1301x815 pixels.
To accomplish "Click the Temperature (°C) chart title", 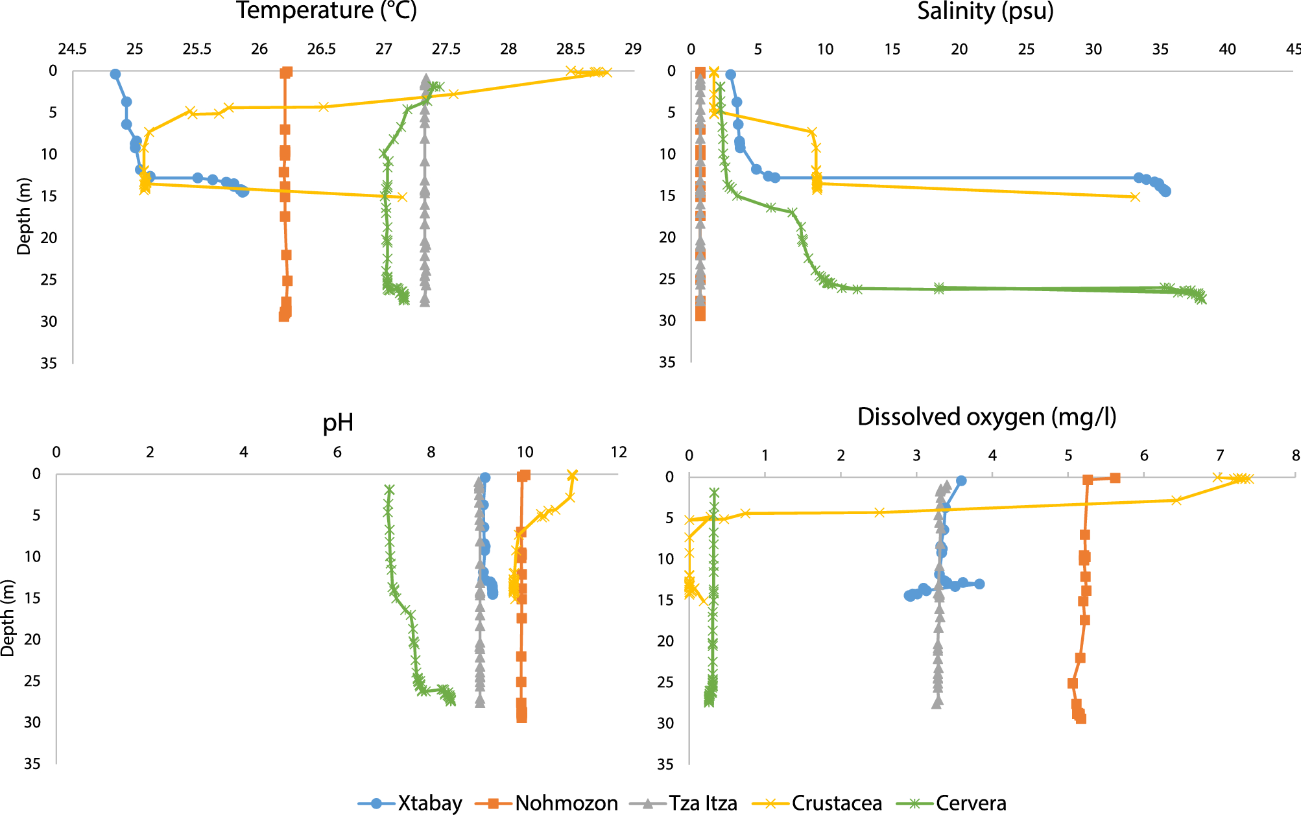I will pyautogui.click(x=326, y=11).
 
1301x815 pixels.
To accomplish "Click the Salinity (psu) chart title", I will pyautogui.click(x=985, y=11).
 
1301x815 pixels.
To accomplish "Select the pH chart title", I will pyautogui.click(x=338, y=423).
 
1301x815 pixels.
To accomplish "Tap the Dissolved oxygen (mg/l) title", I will pyautogui.click(x=986, y=417).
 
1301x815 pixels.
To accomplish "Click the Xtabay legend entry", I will pyautogui.click(x=429, y=803).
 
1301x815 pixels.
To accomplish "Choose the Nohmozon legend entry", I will pyautogui.click(x=566, y=803).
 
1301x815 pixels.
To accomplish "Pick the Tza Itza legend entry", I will pyautogui.click(x=702, y=803).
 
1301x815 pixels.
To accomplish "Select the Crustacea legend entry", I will pyautogui.click(x=836, y=803).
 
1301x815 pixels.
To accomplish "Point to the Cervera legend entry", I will pyautogui.click(x=970, y=803).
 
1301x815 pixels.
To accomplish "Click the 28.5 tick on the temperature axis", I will pyautogui.click(x=571, y=49).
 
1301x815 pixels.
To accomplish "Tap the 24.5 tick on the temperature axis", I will pyautogui.click(x=72, y=49).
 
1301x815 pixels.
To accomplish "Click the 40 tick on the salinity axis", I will pyautogui.click(x=1227, y=49).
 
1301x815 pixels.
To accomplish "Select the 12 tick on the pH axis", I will pyautogui.click(x=619, y=453).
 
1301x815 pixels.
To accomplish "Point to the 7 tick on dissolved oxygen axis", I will pyautogui.click(x=1220, y=456).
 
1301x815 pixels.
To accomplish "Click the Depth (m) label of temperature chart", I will pyautogui.click(x=24, y=216).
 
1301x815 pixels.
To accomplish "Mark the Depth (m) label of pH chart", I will pyautogui.click(x=8, y=619).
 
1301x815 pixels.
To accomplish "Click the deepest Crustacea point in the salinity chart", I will pyautogui.click(x=1134, y=196).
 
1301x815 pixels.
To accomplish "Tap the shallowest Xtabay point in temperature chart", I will pyautogui.click(x=115, y=74).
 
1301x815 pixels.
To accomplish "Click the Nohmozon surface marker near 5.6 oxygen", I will pyautogui.click(x=1115, y=478).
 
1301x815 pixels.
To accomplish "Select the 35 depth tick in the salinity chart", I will pyautogui.click(x=667, y=362).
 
